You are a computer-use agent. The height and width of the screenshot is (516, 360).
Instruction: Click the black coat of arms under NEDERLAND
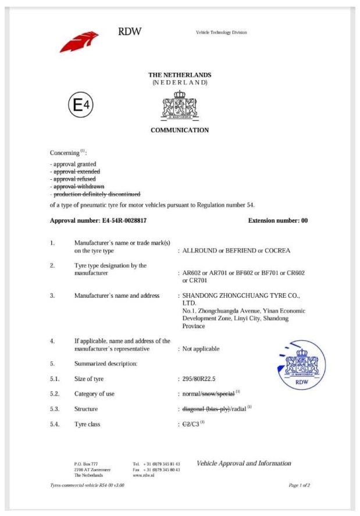(x=179, y=105)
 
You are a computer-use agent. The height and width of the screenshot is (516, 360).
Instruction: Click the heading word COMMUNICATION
(x=180, y=130)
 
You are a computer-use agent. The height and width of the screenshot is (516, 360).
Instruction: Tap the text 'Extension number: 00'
(x=278, y=221)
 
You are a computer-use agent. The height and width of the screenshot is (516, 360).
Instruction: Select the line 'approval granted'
(x=74, y=164)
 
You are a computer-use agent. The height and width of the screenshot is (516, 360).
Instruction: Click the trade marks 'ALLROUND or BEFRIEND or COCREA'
(x=236, y=251)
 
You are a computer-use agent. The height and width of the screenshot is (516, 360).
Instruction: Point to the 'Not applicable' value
(x=201, y=349)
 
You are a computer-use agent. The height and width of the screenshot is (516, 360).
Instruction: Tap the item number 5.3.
(x=55, y=410)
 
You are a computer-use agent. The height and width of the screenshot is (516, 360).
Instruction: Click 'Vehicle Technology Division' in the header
(x=222, y=33)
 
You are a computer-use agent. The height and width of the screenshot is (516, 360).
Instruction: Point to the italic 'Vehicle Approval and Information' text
(x=244, y=464)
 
